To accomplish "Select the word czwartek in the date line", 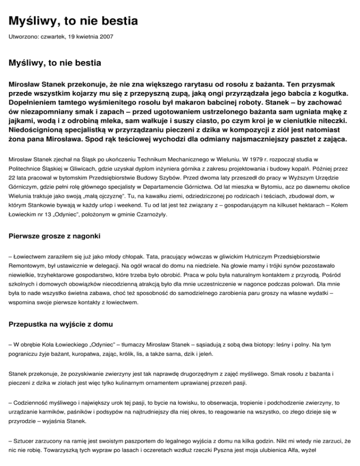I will point(53,36).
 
